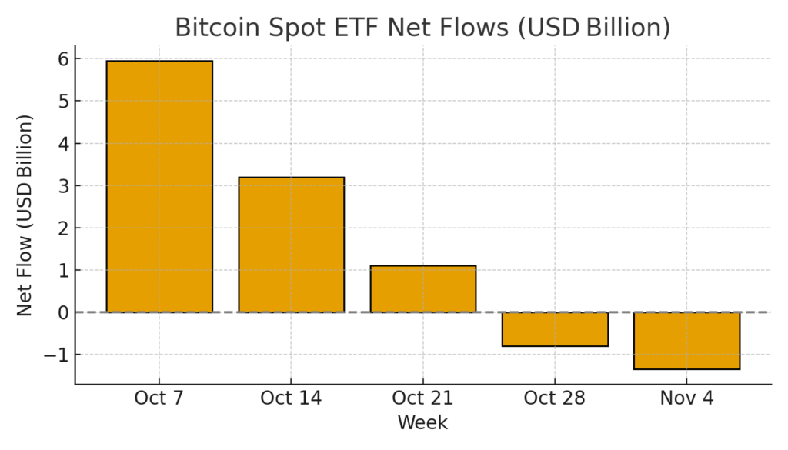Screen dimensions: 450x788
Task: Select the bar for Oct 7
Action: [x=159, y=186]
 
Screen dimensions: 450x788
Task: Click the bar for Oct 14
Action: [x=291, y=245]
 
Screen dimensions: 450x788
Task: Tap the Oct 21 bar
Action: [x=422, y=288]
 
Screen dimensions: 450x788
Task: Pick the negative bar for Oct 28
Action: [x=555, y=329]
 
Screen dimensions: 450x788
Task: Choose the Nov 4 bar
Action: [x=686, y=341]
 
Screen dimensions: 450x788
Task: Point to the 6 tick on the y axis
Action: [x=62, y=59]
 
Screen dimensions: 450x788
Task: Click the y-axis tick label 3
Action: [x=62, y=186]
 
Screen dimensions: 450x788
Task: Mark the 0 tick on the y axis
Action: [x=62, y=312]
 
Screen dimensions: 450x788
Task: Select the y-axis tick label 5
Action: [x=62, y=102]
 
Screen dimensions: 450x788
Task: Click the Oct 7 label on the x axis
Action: [x=159, y=398]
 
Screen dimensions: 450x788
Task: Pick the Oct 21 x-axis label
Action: [x=422, y=398]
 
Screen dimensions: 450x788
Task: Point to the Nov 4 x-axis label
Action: [x=686, y=398]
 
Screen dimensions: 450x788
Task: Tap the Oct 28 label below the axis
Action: [x=555, y=398]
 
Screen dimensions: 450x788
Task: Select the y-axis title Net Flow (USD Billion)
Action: [x=25, y=215]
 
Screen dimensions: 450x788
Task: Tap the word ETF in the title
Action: [x=355, y=28]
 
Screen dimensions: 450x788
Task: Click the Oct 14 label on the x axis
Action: [x=291, y=398]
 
